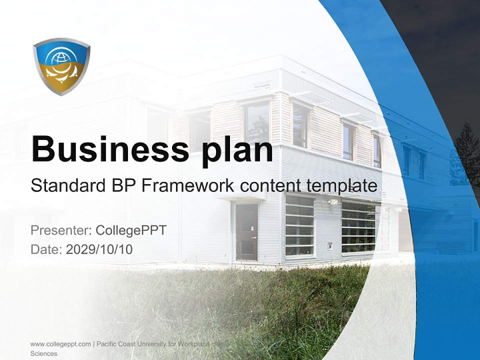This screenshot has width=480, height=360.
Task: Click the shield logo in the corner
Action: pyautogui.click(x=61, y=66)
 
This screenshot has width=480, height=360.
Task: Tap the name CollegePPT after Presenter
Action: pyautogui.click(x=130, y=230)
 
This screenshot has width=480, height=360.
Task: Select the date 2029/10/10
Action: pyautogui.click(x=99, y=249)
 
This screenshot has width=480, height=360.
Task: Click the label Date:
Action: pyautogui.click(x=46, y=249)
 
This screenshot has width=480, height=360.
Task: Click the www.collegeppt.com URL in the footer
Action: pyautogui.click(x=60, y=344)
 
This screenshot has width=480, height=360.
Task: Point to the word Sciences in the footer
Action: pyautogui.click(x=44, y=353)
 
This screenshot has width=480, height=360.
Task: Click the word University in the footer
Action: pyautogui.click(x=153, y=344)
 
